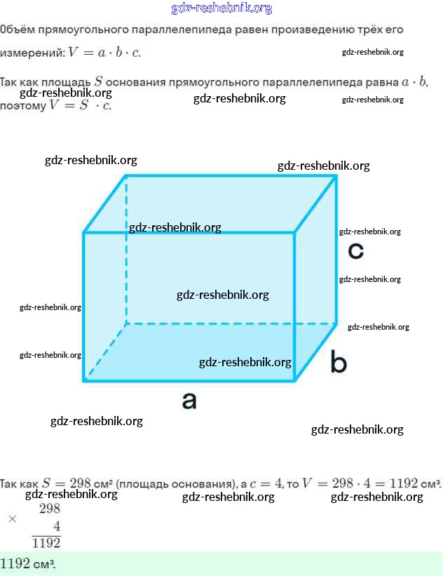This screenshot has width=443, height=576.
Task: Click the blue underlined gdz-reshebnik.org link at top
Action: point(221,8)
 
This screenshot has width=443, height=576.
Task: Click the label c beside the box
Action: point(356,250)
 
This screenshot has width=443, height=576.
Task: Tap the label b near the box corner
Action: point(339,363)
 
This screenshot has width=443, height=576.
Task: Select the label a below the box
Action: point(189,401)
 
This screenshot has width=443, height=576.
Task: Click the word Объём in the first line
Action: point(17,30)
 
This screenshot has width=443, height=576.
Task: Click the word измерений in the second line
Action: point(31,53)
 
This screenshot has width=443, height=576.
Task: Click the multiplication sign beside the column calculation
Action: point(12,519)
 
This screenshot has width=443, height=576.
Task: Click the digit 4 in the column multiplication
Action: point(56,526)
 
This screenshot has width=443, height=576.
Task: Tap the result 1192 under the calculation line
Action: point(46,542)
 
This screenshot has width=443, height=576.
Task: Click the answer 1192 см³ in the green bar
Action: point(28,564)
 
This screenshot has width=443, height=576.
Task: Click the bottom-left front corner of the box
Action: point(84,381)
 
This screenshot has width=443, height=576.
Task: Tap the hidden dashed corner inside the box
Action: point(126,323)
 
